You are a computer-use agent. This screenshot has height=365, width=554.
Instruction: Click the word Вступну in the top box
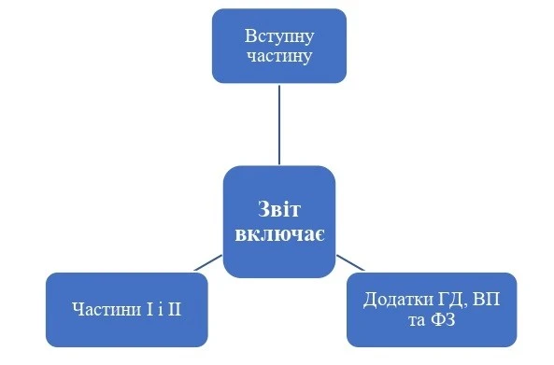279,36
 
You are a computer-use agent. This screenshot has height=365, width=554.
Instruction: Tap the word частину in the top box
279,56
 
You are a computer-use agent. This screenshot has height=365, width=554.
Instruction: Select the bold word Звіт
278,208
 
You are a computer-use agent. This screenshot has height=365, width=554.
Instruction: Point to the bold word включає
278,230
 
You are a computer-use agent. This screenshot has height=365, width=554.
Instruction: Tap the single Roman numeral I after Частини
139,308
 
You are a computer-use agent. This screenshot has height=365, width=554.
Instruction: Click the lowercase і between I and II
153,308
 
